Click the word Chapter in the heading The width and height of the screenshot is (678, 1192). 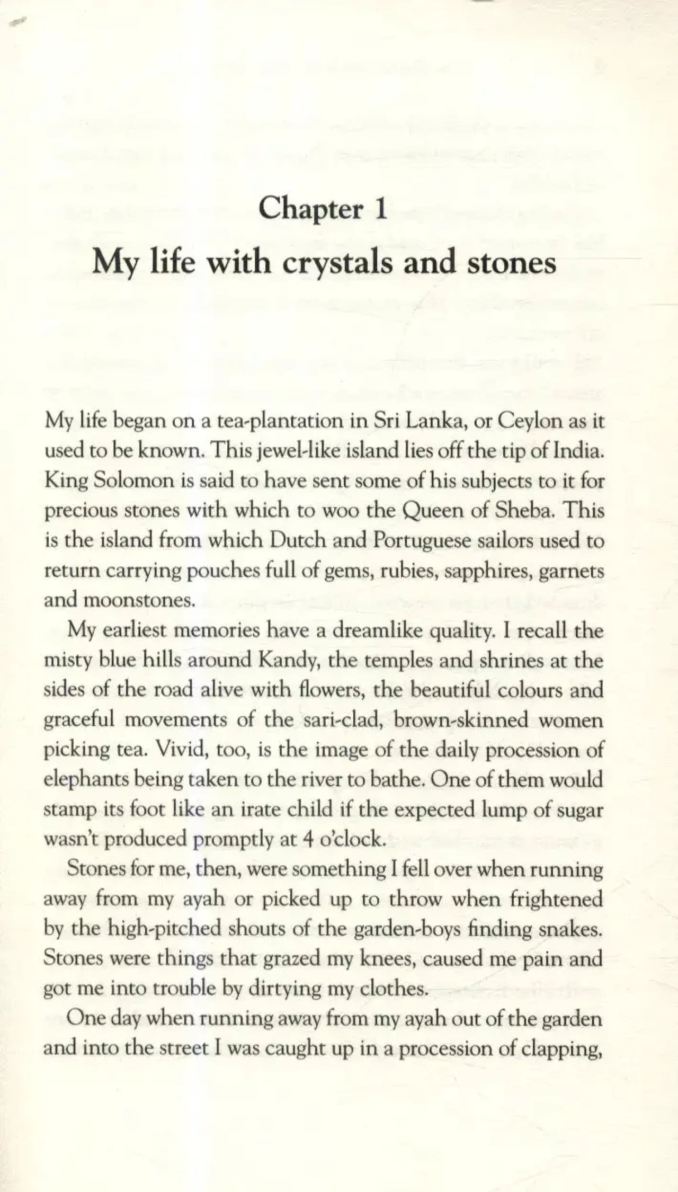(311, 209)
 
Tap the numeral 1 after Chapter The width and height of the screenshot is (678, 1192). (379, 208)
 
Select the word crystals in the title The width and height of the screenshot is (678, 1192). (337, 263)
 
